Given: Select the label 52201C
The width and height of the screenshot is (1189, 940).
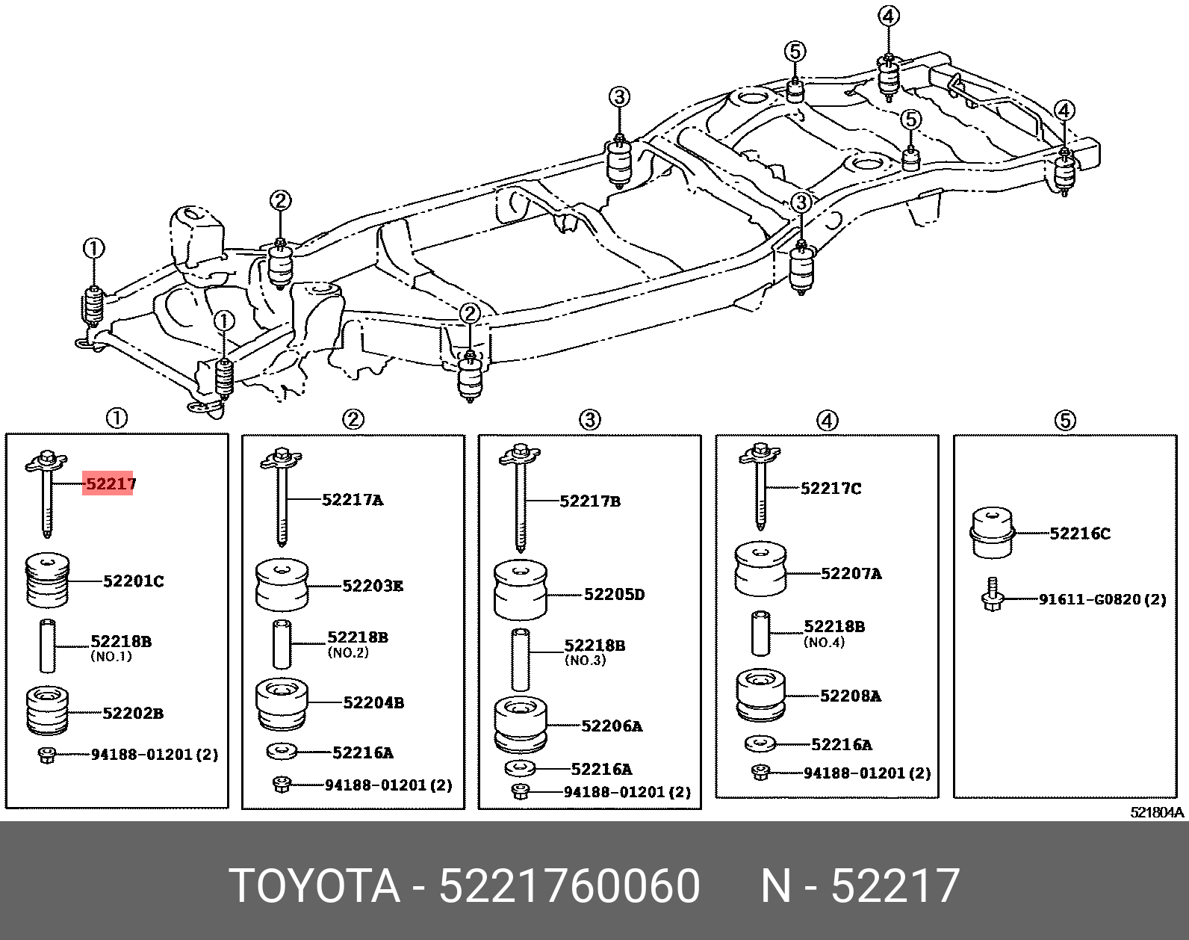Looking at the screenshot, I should [x=133, y=581].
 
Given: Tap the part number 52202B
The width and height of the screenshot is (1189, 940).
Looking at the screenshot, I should [x=133, y=713].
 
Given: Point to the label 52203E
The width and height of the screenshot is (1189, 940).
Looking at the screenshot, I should [x=373, y=586].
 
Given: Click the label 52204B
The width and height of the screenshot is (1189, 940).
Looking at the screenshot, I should [x=373, y=702].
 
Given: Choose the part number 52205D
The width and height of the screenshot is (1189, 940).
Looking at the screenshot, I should [x=614, y=595].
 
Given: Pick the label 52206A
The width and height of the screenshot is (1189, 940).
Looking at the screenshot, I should [x=612, y=726].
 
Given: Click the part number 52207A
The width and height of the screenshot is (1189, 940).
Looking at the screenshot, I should [x=851, y=574].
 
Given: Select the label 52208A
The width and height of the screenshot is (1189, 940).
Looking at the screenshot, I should [x=850, y=696].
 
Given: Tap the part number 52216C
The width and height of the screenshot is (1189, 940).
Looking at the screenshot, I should [x=1079, y=534].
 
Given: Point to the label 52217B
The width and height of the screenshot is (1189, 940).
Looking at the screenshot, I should [x=590, y=501].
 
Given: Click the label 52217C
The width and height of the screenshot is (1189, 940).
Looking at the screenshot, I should [x=831, y=489].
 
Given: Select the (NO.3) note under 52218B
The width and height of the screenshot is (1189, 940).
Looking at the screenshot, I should [x=585, y=661].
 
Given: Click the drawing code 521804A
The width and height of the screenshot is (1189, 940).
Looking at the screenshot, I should [x=1157, y=812].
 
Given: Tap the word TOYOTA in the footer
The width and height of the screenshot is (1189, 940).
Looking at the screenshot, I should [x=314, y=886].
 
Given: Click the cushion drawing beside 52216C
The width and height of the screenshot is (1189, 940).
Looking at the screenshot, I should [x=992, y=532].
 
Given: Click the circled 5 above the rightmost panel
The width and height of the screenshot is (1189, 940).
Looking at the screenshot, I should [x=1065, y=421].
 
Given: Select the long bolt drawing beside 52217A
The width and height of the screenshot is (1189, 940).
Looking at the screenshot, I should [x=282, y=496].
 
